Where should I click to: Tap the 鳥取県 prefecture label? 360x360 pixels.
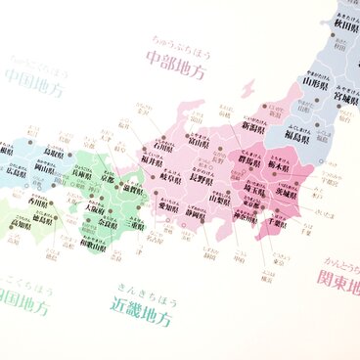click(x=57, y=153)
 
